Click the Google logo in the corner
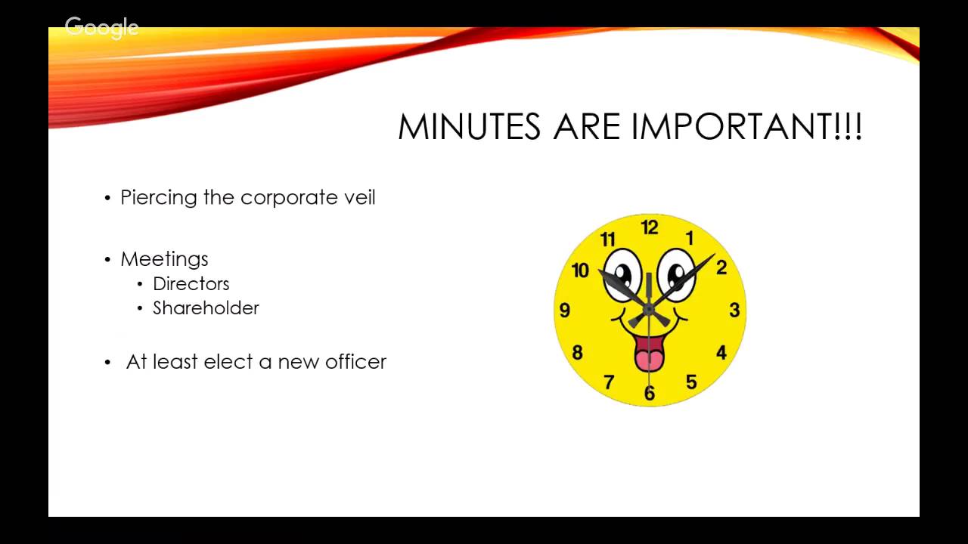point(102,28)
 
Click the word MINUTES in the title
point(470,127)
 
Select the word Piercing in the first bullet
point(159,198)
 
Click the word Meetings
point(164,259)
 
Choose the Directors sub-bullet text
point(191,284)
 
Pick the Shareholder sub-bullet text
point(206,308)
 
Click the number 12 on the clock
point(650,227)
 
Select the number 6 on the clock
point(649,393)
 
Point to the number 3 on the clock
point(734,310)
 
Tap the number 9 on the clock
point(565,311)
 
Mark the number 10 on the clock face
point(580,270)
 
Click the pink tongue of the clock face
point(649,354)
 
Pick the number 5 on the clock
point(691,382)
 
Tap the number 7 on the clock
point(608,382)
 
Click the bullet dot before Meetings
point(107,260)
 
